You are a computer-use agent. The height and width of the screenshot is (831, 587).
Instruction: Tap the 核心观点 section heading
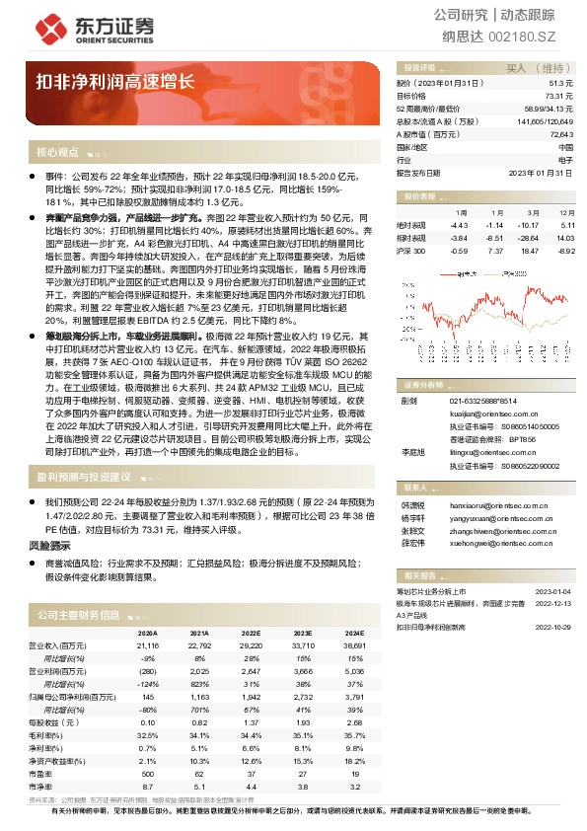click(57, 152)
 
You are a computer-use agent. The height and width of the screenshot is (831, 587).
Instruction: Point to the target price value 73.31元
click(558, 96)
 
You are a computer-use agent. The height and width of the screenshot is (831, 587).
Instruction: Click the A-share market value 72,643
click(560, 133)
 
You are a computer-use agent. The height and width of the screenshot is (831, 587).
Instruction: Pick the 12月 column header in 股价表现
click(564, 212)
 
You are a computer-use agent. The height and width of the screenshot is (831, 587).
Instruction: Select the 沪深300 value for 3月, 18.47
click(530, 252)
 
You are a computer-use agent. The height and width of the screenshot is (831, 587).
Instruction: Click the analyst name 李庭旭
click(410, 451)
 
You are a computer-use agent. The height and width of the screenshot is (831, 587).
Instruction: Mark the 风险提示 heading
click(49, 545)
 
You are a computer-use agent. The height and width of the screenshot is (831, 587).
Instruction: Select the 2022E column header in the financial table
click(252, 633)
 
